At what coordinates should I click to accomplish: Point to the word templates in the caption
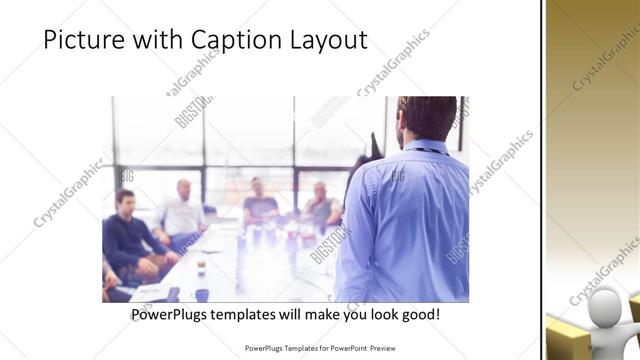265,314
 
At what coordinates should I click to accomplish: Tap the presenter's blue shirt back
405,220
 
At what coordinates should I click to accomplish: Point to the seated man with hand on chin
321,204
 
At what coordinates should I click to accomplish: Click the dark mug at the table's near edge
201,295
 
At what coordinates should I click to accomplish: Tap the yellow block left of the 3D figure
565,340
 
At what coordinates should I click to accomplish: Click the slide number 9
590,348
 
